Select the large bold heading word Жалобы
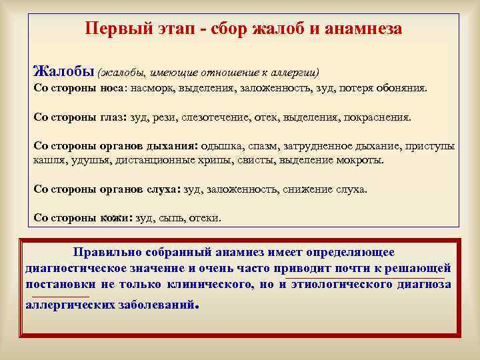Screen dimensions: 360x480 63,71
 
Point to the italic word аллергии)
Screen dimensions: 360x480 294,72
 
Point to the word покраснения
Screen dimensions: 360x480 377,117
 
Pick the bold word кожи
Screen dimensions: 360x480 116,218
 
